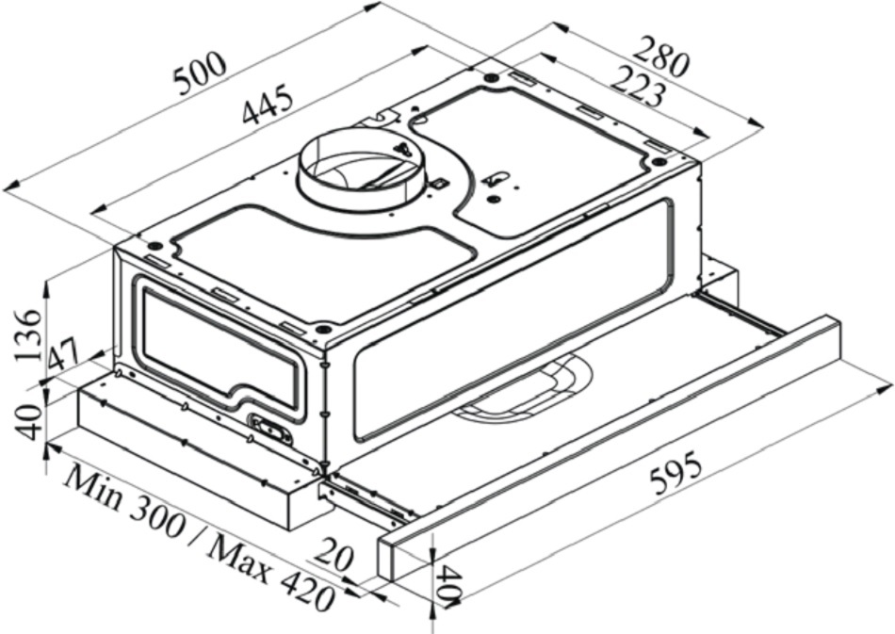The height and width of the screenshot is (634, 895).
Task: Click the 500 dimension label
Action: tap(201, 73)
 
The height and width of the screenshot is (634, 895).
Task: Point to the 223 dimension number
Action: tap(638, 87)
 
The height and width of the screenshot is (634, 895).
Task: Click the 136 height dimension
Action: tap(28, 336)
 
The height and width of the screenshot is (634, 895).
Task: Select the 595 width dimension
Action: tap(675, 472)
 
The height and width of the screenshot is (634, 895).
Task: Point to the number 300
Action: tap(157, 519)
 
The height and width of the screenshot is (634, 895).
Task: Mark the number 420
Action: tap(306, 593)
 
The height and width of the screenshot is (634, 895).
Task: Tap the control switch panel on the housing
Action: tap(269, 428)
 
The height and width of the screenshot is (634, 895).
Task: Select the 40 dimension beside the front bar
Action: tap(449, 584)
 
